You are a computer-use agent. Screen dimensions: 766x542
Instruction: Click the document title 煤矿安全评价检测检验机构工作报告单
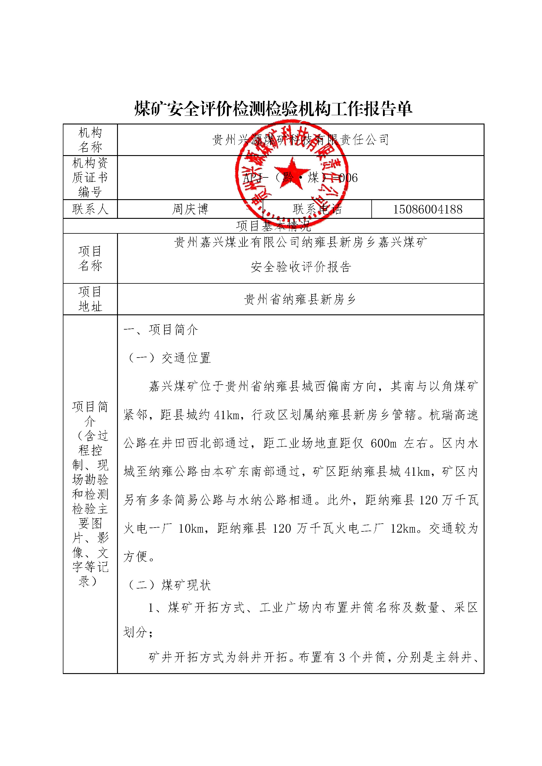pos(273,109)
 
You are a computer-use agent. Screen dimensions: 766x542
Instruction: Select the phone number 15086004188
pos(428,209)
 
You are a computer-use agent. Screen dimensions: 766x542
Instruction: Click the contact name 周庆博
pos(190,209)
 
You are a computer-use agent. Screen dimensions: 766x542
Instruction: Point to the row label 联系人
pos(90,209)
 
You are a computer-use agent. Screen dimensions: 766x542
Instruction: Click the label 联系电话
pos(317,209)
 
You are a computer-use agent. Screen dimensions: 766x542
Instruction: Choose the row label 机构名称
pos(90,139)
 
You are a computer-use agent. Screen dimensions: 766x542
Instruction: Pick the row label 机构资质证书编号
pos(90,177)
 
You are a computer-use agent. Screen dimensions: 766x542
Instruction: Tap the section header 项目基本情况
pos(273,226)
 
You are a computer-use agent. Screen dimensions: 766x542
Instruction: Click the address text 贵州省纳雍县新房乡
pos(300,299)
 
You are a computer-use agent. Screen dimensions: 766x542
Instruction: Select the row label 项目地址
pos(90,299)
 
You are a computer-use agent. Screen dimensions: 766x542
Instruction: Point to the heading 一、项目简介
pos(161,330)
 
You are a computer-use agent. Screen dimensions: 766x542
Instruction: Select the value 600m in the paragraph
pos(384,443)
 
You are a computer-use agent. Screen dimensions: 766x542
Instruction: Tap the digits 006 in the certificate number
pos(348,178)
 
